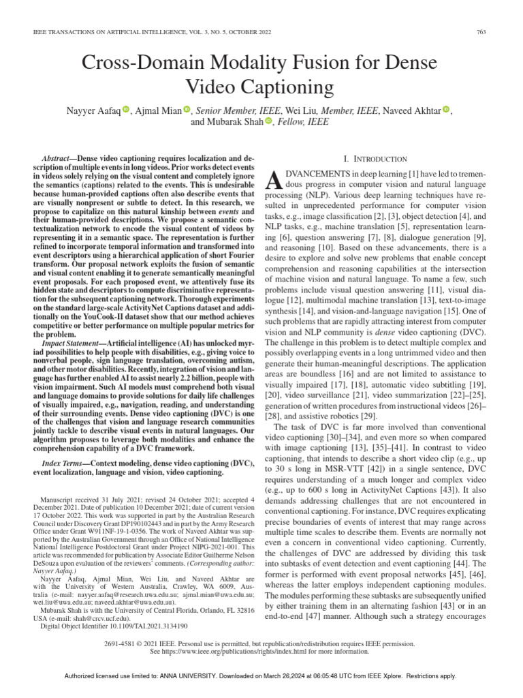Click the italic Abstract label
point(57,157)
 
